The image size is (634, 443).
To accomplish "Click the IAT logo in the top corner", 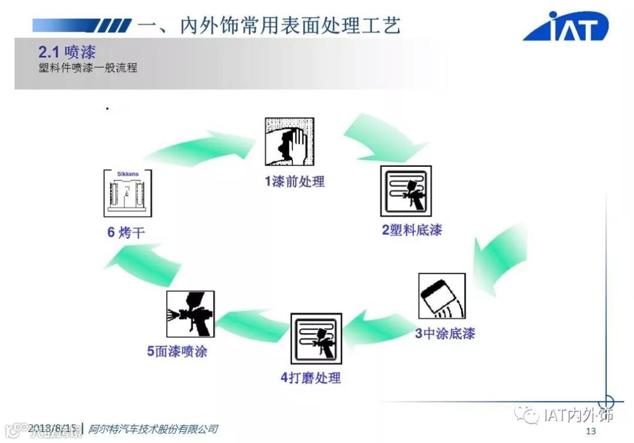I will pyautogui.click(x=566, y=26).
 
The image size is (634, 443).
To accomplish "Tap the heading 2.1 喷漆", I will pyautogui.click(x=67, y=52).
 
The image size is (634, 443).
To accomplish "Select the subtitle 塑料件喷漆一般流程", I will pyautogui.click(x=87, y=68).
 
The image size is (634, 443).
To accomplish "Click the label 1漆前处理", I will pyautogui.click(x=294, y=181).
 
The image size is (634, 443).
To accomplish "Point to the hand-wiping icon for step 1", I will pyautogui.click(x=289, y=142).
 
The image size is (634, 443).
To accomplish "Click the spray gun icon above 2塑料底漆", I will pyautogui.click(x=406, y=190).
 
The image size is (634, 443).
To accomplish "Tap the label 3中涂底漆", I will pyautogui.click(x=445, y=334).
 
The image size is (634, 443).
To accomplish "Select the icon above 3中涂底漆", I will pyautogui.click(x=441, y=296).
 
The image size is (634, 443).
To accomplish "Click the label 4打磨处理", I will pyautogui.click(x=311, y=377).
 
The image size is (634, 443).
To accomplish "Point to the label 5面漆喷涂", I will pyautogui.click(x=177, y=351).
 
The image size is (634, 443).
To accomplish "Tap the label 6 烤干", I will pyautogui.click(x=126, y=233).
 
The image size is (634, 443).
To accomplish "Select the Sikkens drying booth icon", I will pyautogui.click(x=127, y=193).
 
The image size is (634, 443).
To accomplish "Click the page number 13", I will pyautogui.click(x=591, y=431).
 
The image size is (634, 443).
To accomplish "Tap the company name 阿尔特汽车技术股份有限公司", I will pyautogui.click(x=153, y=429).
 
